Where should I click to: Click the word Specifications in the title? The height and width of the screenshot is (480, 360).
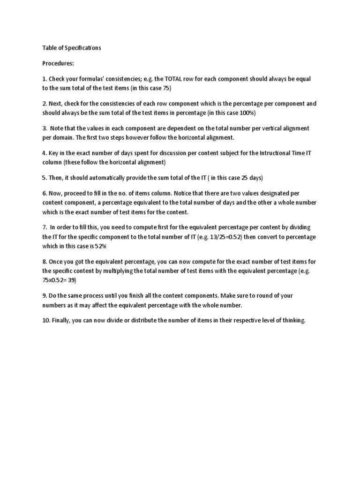tap(81, 48)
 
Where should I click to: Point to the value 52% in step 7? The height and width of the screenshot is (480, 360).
tap(105, 247)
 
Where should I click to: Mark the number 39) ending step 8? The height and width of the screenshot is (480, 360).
tap(70, 280)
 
